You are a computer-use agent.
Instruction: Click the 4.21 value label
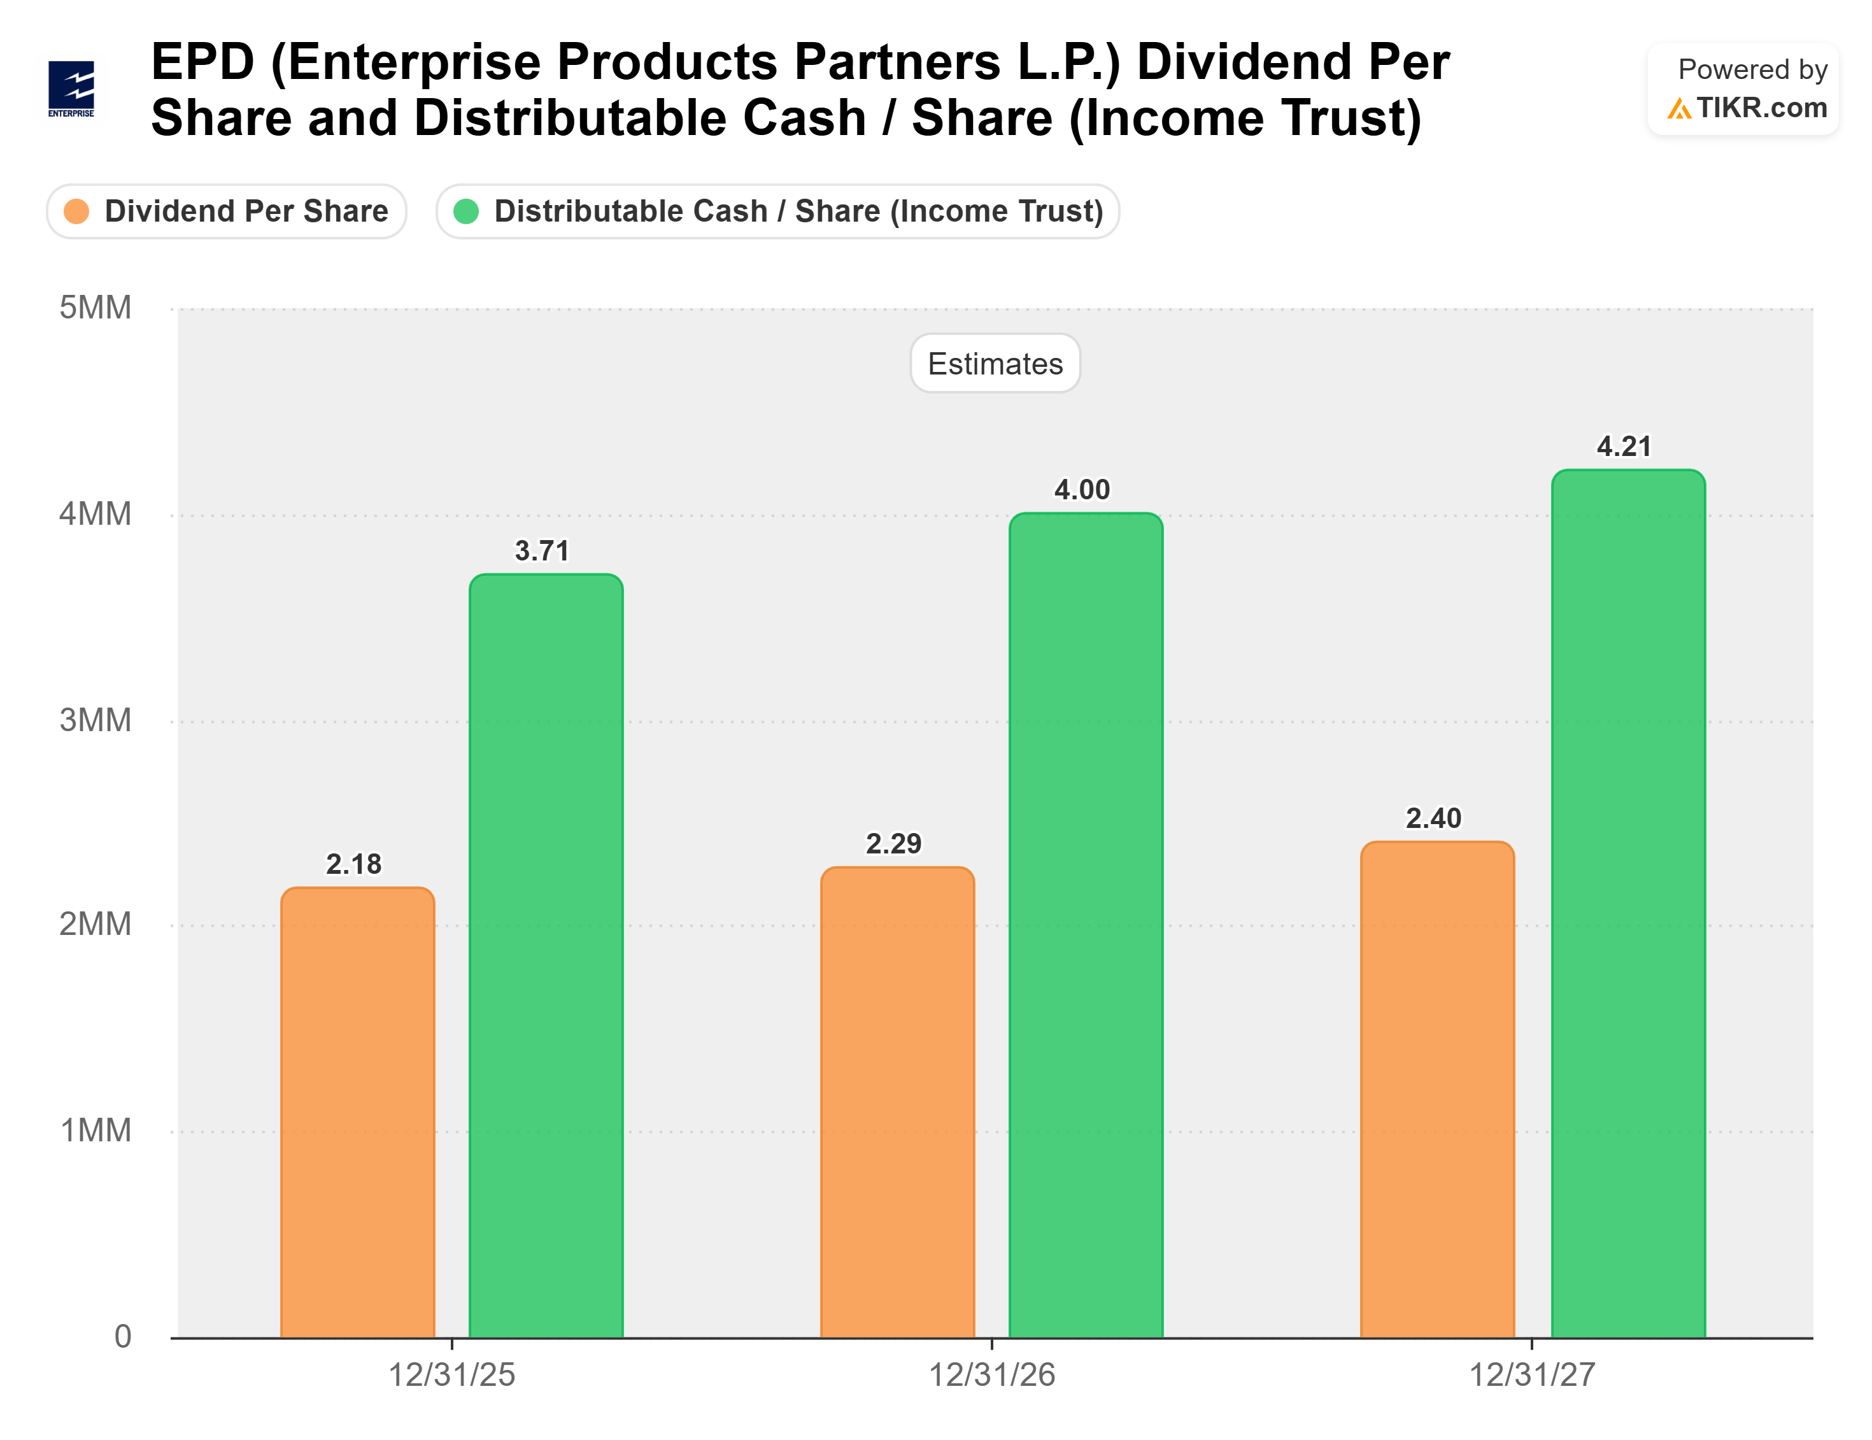point(1624,446)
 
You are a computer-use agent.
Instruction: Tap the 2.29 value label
point(893,843)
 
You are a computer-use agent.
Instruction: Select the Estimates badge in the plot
point(995,364)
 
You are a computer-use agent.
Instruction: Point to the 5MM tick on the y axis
point(95,308)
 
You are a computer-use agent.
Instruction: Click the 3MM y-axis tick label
point(95,720)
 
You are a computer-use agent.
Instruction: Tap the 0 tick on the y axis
point(122,1336)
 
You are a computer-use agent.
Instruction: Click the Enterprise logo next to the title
point(71,89)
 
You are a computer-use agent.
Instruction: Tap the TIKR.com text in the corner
point(1760,108)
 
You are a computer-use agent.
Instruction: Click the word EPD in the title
point(202,62)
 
